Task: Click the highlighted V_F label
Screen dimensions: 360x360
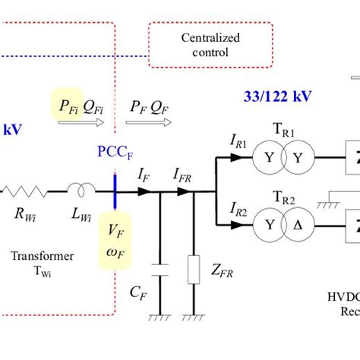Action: (x=114, y=230)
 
